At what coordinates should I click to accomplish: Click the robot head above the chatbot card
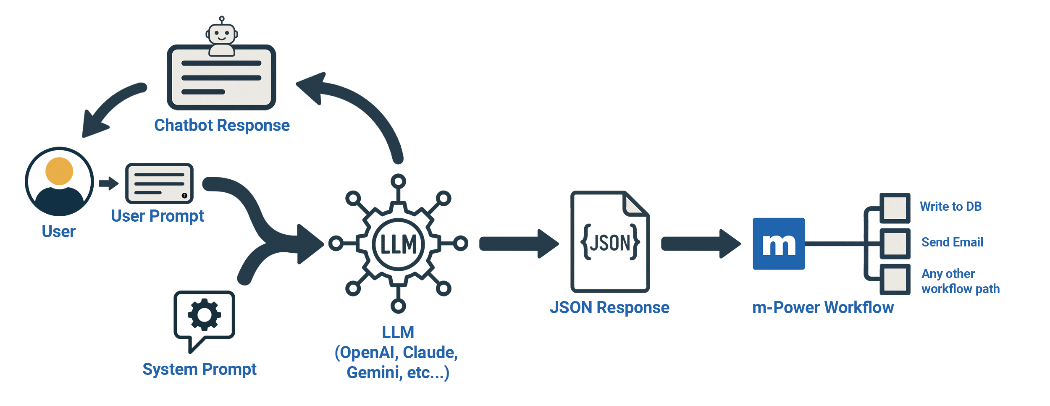(222, 34)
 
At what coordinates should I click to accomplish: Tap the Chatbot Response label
(222, 126)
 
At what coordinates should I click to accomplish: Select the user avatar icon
(59, 181)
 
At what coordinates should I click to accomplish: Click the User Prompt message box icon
(159, 183)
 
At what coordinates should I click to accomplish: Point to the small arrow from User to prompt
(109, 183)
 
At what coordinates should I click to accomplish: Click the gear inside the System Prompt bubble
(205, 314)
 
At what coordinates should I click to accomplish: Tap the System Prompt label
(199, 369)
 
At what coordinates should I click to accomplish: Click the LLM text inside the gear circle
(398, 244)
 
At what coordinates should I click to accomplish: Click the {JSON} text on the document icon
(610, 243)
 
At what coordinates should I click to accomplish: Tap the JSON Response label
(609, 308)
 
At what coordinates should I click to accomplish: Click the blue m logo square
(779, 244)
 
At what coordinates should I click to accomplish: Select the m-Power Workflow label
(823, 308)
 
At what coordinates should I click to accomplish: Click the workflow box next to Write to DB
(895, 208)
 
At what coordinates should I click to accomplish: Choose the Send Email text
(952, 242)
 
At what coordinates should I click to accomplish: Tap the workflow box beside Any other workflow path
(895, 279)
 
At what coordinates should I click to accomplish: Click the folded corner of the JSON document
(635, 204)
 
